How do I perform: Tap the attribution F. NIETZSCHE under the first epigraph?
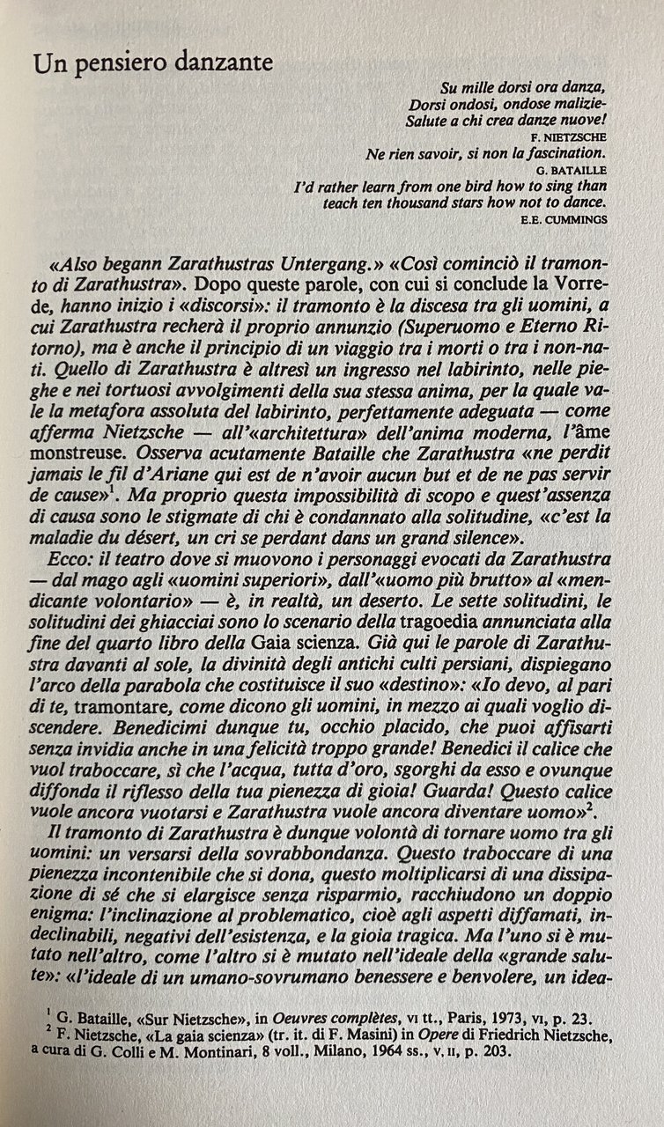pyautogui.click(x=569, y=137)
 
